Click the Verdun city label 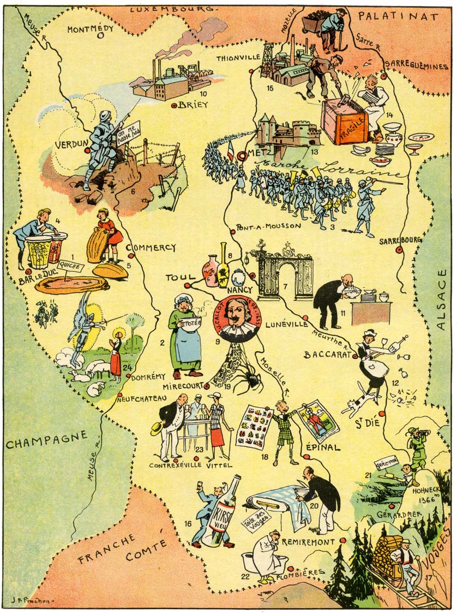pos(71,145)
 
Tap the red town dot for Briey pos(174,106)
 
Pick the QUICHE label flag pos(70,267)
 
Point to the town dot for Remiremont pos(342,540)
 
